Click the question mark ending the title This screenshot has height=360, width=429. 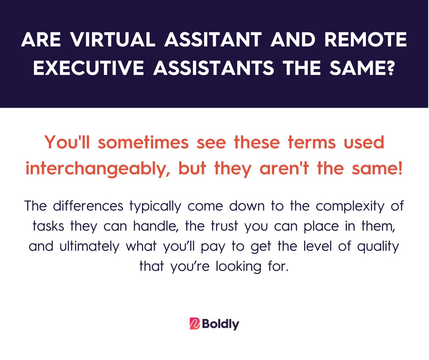click(x=389, y=68)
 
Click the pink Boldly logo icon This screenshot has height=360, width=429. click(x=195, y=324)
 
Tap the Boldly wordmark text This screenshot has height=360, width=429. click(x=220, y=324)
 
